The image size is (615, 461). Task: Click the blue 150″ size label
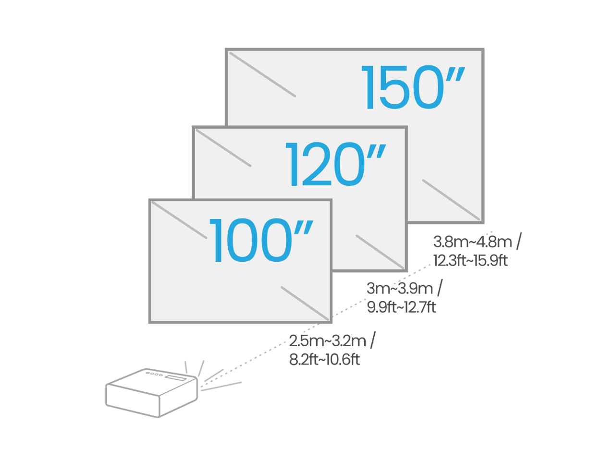click(x=413, y=88)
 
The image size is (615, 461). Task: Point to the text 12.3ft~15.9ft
click(x=470, y=260)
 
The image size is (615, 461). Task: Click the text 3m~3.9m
click(x=400, y=289)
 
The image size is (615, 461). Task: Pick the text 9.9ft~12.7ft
click(x=401, y=306)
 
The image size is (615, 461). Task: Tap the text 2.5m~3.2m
click(x=327, y=340)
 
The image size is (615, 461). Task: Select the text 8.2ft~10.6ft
click(x=324, y=359)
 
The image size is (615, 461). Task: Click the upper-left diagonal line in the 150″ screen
click(x=262, y=74)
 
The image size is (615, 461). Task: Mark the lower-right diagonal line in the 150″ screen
click(x=451, y=199)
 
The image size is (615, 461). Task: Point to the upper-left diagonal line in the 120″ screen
click(x=223, y=148)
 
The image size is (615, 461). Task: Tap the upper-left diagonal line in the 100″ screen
click(x=179, y=219)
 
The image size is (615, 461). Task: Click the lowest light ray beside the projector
click(x=221, y=387)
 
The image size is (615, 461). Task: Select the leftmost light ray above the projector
click(x=185, y=367)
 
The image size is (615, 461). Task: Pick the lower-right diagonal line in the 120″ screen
click(x=380, y=252)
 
